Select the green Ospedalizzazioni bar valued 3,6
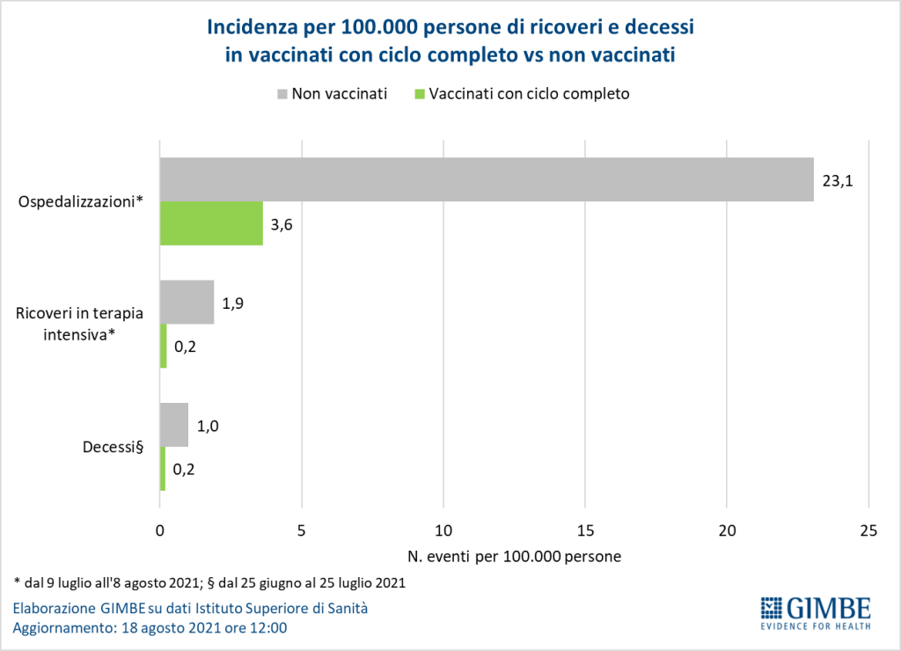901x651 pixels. [211, 223]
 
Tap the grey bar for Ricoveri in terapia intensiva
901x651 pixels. [187, 302]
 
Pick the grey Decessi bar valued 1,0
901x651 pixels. [174, 425]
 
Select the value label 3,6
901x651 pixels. [282, 224]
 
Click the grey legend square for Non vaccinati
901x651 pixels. [282, 94]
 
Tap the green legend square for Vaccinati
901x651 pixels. [419, 94]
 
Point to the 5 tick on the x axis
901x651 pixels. [302, 530]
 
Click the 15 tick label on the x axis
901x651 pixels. [585, 530]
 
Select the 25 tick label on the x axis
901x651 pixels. [868, 530]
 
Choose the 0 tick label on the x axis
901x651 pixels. [159, 530]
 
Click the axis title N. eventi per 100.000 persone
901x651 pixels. [515, 557]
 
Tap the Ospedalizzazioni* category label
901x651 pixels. [81, 202]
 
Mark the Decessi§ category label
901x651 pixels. [113, 448]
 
